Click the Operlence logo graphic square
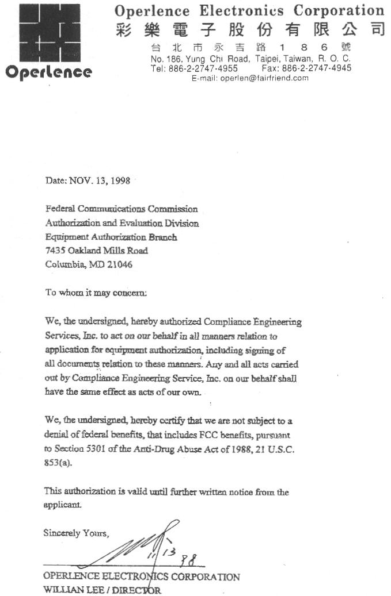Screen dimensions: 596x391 pyautogui.click(x=48, y=32)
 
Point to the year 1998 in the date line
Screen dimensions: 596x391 pyautogui.click(x=119, y=181)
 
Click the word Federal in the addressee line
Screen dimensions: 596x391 pyautogui.click(x=60, y=209)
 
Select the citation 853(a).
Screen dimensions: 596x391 pyautogui.click(x=59, y=463)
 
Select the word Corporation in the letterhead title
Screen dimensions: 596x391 pyautogui.click(x=339, y=10)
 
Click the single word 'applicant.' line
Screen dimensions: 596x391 pyautogui.click(x=63, y=505)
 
